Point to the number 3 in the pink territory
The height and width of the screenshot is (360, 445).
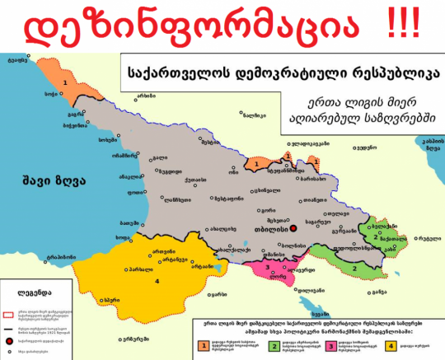tap(266, 267)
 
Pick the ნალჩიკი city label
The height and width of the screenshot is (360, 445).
tap(265, 116)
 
